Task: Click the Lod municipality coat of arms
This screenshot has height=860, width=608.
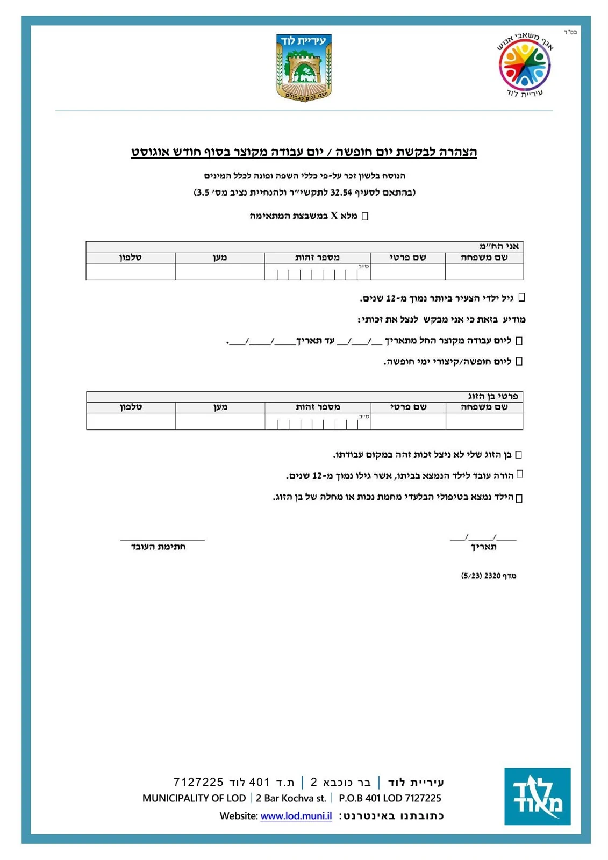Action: (x=304, y=68)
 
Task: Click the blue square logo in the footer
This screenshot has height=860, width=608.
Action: (x=537, y=796)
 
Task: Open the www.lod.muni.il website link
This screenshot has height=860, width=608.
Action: (x=296, y=816)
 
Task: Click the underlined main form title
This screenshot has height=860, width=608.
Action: (x=304, y=152)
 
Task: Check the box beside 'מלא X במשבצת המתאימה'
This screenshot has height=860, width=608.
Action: (x=365, y=216)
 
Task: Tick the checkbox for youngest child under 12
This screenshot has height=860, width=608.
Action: (x=521, y=298)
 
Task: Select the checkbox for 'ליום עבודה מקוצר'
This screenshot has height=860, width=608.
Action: (x=519, y=341)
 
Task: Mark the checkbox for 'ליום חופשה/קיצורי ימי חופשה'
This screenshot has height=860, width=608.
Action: (x=519, y=362)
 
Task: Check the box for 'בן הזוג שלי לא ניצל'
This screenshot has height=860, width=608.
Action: (x=518, y=455)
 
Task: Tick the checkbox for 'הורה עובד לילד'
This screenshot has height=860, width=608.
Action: (x=519, y=474)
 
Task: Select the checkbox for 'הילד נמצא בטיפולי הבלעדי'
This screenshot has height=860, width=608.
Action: (x=519, y=498)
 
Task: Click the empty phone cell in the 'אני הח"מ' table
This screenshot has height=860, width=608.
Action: (x=131, y=271)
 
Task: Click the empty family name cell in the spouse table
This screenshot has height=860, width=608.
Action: (x=484, y=421)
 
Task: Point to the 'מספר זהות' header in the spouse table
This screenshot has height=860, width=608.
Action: (x=318, y=407)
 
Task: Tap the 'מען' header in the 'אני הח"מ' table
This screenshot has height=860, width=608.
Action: (x=219, y=257)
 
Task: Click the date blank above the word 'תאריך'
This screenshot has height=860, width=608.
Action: (x=483, y=536)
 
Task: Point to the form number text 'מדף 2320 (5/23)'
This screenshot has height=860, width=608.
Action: (x=488, y=576)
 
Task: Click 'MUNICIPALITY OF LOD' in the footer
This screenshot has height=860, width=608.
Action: (x=194, y=798)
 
